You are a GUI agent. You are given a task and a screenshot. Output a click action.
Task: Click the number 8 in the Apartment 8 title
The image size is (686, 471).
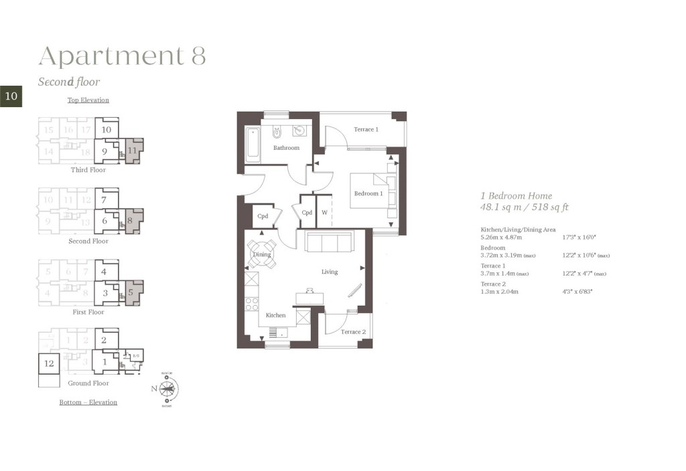pyautogui.click(x=198, y=56)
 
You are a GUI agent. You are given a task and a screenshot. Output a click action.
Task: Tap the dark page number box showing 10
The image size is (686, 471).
pyautogui.click(x=11, y=96)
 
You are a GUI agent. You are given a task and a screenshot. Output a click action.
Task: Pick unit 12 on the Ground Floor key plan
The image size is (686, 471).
pyautogui.click(x=49, y=363)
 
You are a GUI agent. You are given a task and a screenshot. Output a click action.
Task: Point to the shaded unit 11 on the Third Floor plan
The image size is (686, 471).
pyautogui.click(x=133, y=151)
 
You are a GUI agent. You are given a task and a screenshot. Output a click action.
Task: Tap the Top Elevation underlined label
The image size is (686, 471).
pyautogui.click(x=88, y=100)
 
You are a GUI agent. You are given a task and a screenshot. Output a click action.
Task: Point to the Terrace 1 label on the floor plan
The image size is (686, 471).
pyautogui.click(x=366, y=129)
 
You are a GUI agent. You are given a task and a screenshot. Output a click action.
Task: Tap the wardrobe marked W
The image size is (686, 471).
pyautogui.click(x=324, y=213)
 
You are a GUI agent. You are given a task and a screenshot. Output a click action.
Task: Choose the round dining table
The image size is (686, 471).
pyautogui.click(x=261, y=254)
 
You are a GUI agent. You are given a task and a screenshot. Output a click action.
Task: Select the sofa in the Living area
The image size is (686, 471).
pyautogui.click(x=330, y=242)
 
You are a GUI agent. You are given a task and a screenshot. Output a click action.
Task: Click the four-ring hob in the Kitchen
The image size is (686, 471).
pyautogui.click(x=252, y=304)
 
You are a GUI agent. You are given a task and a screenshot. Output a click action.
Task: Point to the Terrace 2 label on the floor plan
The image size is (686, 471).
pyautogui.click(x=353, y=332)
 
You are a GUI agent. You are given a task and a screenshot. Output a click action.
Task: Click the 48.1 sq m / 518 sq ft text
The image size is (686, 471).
pyautogui.click(x=525, y=207)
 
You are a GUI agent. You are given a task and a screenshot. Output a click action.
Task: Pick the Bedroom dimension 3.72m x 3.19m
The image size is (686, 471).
pyautogui.click(x=507, y=256)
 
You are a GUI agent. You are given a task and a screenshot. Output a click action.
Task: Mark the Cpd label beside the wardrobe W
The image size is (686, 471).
pyautogui.click(x=307, y=213)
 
